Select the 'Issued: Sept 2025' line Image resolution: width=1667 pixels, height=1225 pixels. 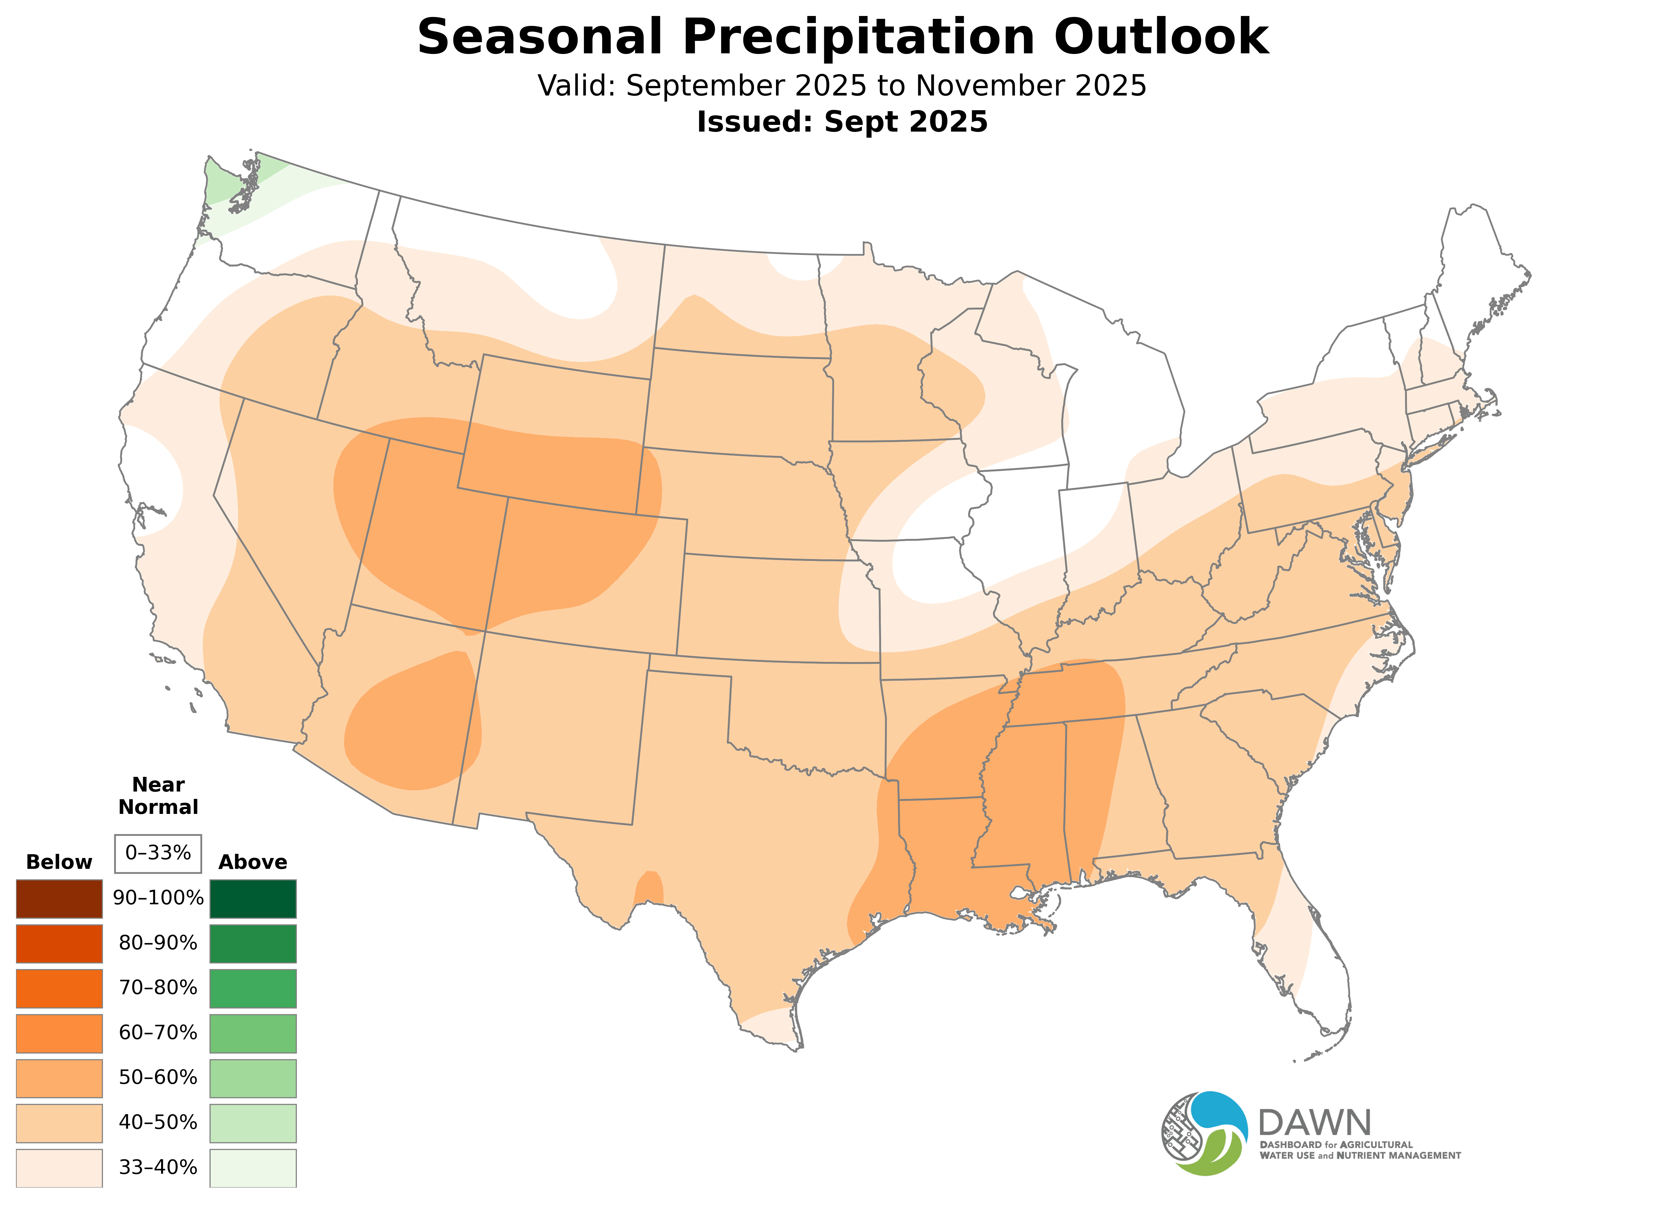(x=842, y=122)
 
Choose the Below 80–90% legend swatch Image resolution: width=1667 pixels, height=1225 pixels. (x=59, y=943)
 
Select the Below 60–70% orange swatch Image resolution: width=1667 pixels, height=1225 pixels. (x=59, y=1033)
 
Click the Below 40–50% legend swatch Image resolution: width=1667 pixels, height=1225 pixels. (x=59, y=1123)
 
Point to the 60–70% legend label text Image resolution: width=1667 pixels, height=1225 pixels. (x=158, y=1033)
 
